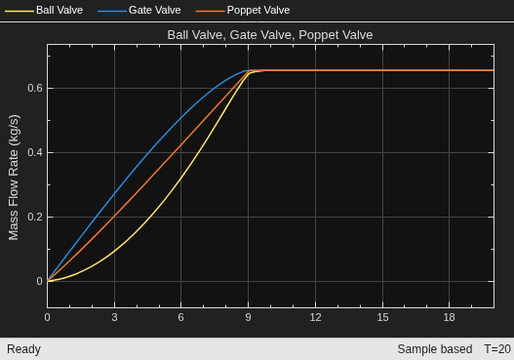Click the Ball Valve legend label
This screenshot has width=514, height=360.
[59, 10]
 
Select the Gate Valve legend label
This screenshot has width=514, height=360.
[155, 10]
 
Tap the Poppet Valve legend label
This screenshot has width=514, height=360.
[258, 10]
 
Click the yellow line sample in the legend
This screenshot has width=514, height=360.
[20, 11]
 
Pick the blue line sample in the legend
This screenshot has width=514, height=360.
[112, 11]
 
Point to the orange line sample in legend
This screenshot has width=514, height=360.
[210, 11]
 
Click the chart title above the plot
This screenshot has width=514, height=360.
[270, 35]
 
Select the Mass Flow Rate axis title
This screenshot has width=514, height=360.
[14, 178]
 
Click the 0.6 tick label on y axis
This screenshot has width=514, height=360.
[35, 88]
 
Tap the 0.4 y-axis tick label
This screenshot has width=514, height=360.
[35, 152]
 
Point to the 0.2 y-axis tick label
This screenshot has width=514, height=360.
[35, 217]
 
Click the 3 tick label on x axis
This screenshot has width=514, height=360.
[114, 317]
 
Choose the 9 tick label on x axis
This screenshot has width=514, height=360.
[248, 317]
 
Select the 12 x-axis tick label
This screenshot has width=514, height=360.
[315, 317]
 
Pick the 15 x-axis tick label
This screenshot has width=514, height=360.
[382, 317]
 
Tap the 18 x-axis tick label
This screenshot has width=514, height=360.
[449, 317]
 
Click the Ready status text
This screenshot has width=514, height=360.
[23, 349]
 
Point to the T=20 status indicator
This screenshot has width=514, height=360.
[497, 349]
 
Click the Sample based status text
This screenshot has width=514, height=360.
[435, 349]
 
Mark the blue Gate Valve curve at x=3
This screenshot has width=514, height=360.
[114, 194]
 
